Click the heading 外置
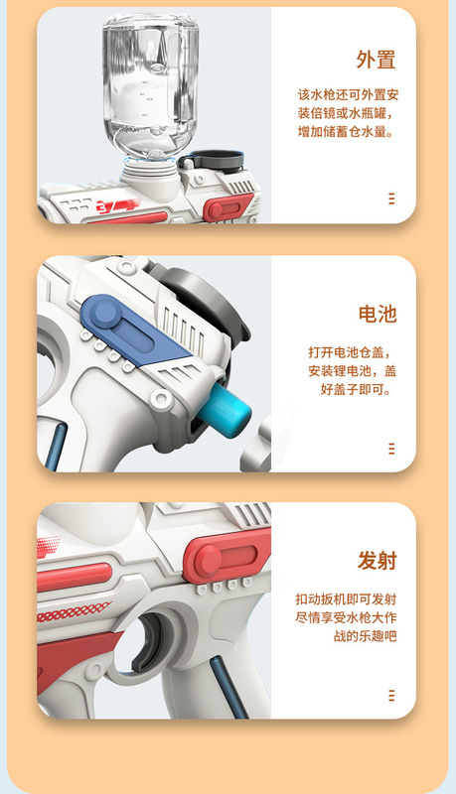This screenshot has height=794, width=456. [x=376, y=60]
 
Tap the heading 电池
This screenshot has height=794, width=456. [x=378, y=314]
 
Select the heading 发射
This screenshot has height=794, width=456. [x=377, y=561]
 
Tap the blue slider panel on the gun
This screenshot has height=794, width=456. [x=131, y=331]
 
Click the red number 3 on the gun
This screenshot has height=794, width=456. [x=102, y=206]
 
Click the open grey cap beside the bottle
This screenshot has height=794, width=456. [x=213, y=160]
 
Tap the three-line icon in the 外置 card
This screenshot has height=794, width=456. [x=391, y=198]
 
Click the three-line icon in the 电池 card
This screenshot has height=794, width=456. [x=391, y=449]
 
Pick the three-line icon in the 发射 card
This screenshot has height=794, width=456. [x=391, y=696]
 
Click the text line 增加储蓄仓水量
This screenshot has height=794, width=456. [x=346, y=132]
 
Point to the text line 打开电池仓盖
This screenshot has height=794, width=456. [x=350, y=352]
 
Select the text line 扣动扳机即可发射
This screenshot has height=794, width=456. [x=346, y=599]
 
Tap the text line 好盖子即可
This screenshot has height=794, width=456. [x=356, y=389]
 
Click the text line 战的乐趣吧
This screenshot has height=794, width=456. [x=365, y=636]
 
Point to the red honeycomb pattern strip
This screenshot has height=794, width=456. [x=74, y=611]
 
